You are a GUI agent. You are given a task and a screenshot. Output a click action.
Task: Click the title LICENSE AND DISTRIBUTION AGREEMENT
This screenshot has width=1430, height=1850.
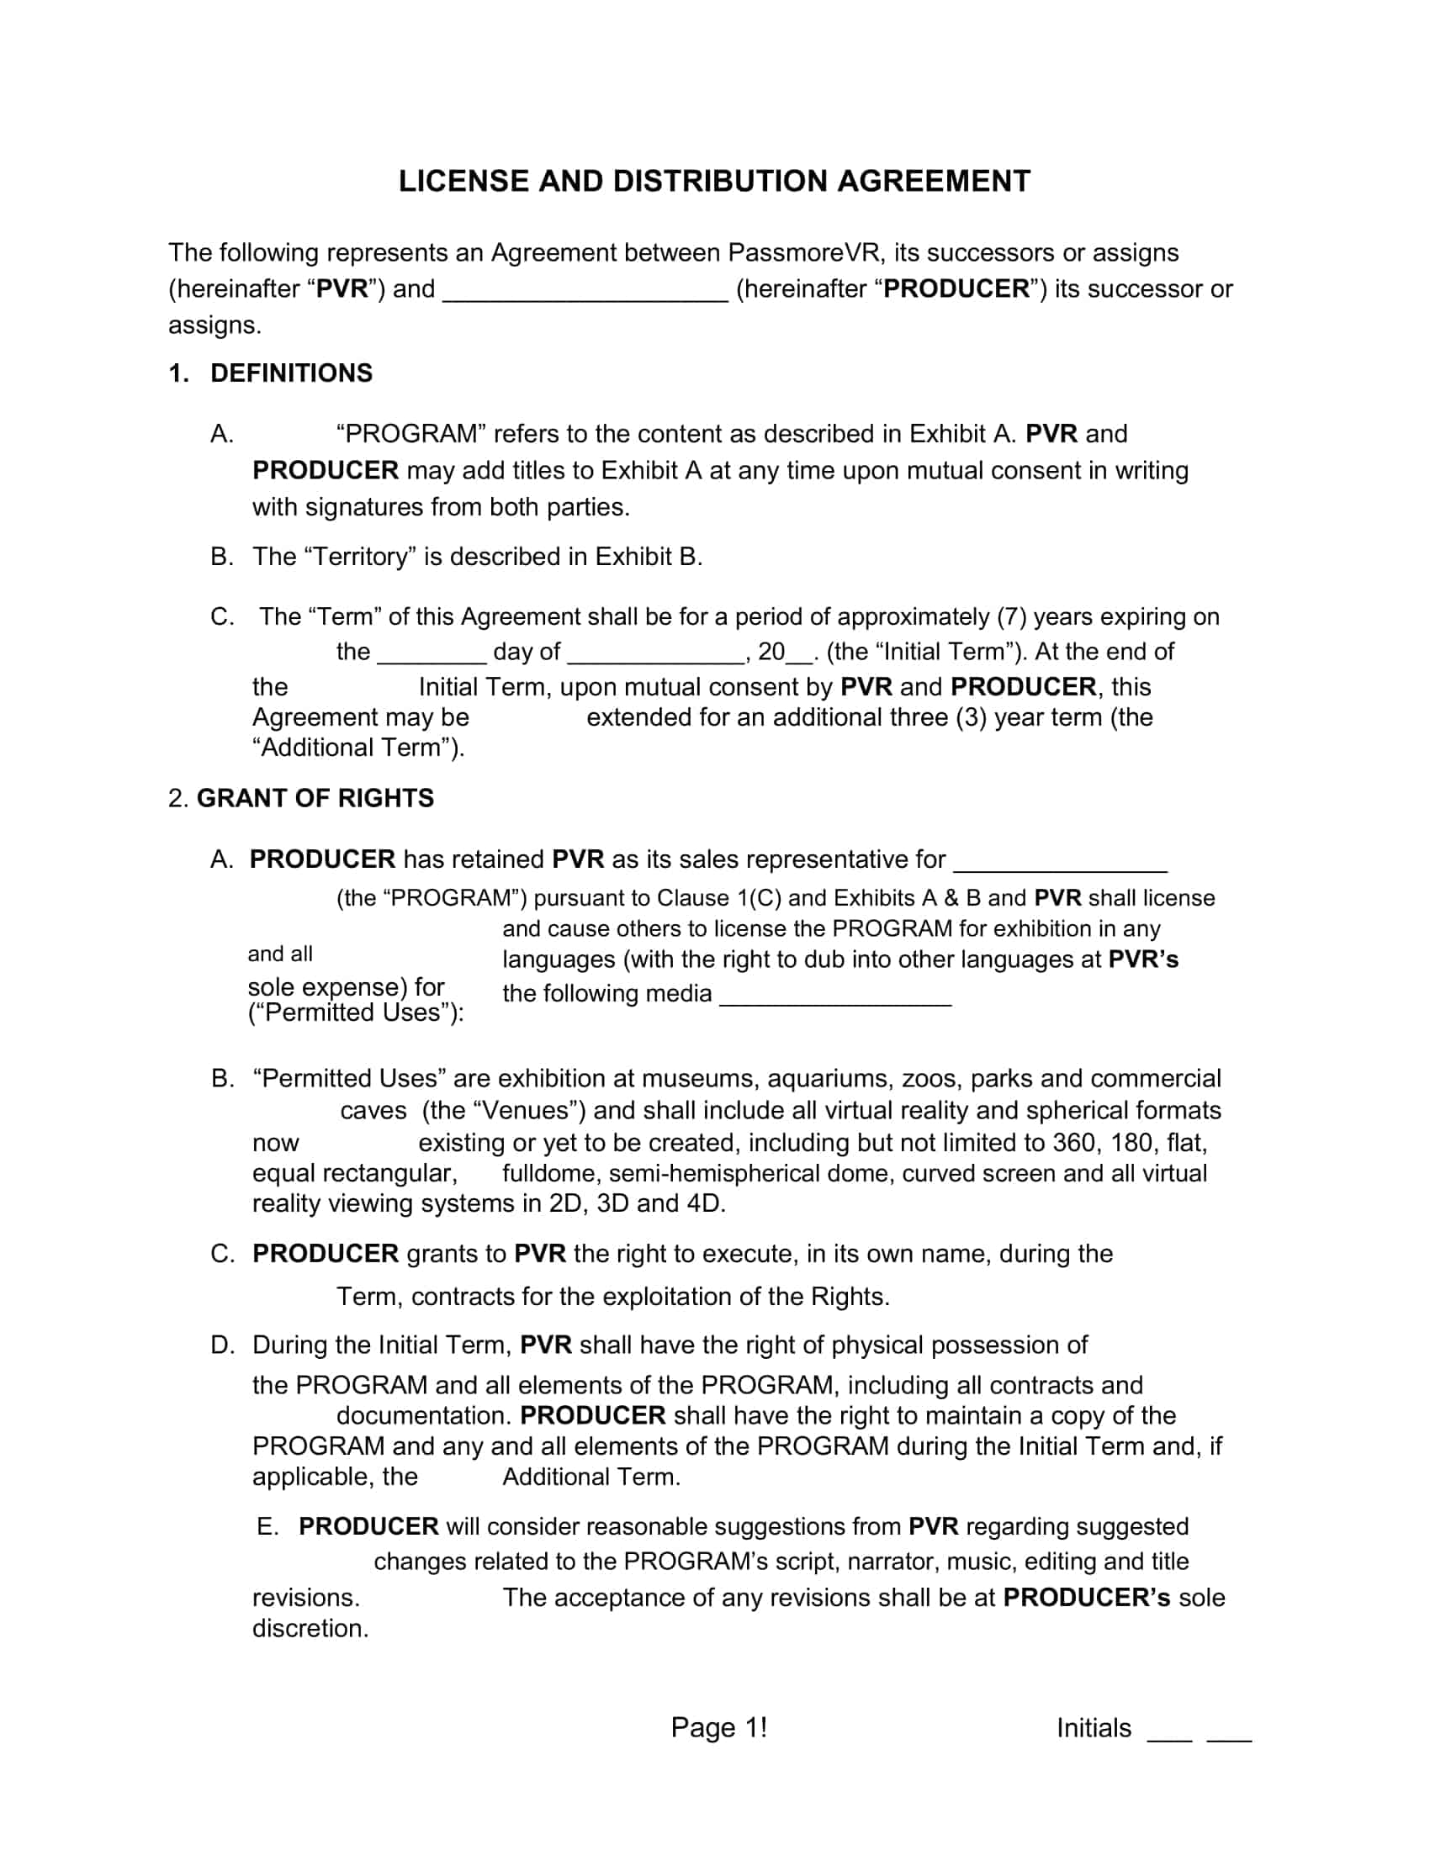pos(714,182)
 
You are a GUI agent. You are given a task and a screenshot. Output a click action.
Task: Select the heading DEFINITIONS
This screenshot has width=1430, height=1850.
pos(290,373)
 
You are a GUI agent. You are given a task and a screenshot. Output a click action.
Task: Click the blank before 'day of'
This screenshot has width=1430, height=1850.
pos(432,655)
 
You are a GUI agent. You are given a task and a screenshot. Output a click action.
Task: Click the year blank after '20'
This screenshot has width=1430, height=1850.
pos(799,655)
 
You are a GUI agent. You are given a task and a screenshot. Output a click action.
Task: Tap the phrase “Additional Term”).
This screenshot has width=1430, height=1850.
pos(357,747)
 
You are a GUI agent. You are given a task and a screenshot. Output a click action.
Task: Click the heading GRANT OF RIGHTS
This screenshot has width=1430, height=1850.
pos(315,798)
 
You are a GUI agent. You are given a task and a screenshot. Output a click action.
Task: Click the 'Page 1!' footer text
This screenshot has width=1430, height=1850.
pos(718,1728)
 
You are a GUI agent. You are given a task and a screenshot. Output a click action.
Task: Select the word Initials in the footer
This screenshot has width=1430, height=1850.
pos(1093,1728)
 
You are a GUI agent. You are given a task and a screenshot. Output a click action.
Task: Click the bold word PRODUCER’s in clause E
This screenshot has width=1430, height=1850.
pos(1086,1598)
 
